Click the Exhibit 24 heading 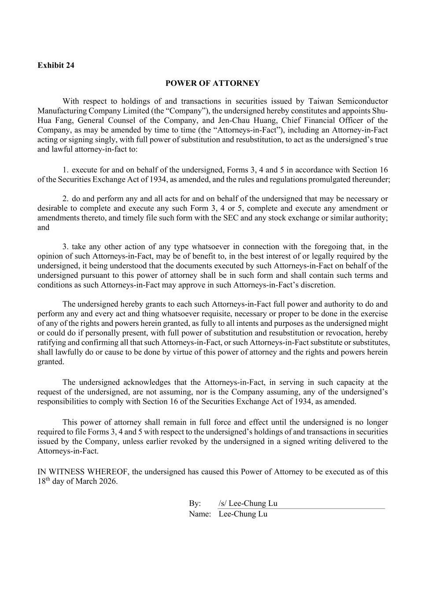coord(55,65)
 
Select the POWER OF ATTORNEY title coord(212,83)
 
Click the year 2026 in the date coord(108,481)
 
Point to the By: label coord(195,504)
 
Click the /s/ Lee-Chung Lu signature coord(248,504)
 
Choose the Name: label coord(200,514)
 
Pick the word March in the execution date coord(87,481)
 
